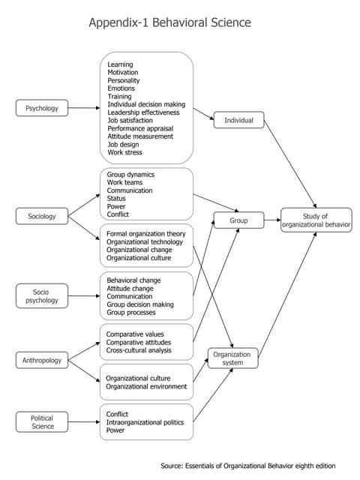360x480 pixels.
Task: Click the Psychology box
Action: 42,108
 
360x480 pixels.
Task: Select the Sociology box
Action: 42,216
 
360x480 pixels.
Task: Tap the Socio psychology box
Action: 42,295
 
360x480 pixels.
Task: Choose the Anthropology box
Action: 42,360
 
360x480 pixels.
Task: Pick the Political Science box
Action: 42,421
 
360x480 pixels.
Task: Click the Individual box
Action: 238,120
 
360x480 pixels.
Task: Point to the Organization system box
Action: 233,358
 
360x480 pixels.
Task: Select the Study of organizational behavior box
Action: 316,220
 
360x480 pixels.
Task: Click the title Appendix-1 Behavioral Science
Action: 170,22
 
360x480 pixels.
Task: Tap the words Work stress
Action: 125,152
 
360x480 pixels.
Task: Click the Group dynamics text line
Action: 130,175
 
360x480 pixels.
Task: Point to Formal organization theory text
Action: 146,234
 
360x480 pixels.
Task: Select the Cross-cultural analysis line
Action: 139,350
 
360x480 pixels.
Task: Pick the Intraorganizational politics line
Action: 145,422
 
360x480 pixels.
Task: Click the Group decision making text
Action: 140,304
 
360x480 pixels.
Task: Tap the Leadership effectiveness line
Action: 143,112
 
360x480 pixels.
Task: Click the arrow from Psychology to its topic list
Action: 84,108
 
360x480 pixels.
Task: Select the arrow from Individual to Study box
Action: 290,164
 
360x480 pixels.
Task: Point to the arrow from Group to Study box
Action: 272,220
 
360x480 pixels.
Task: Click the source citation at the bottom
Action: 248,466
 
